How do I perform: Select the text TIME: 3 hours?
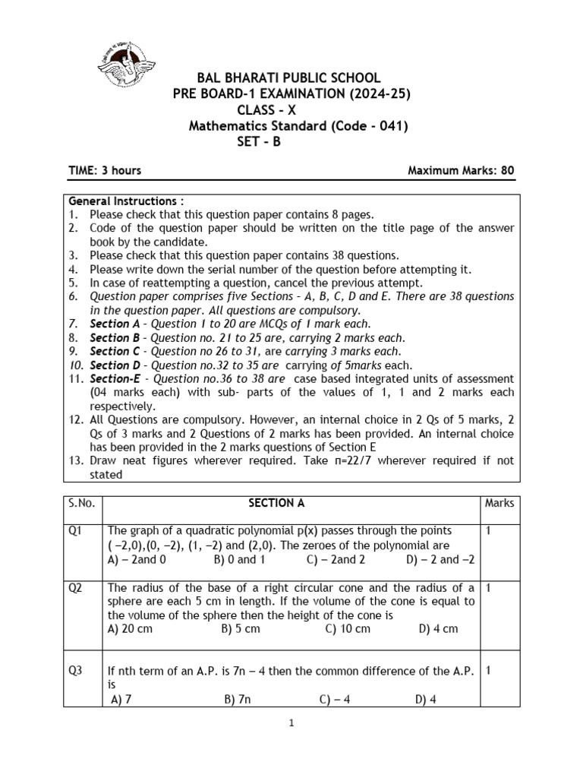105,170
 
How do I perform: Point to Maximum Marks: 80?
461,170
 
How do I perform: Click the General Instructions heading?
126,201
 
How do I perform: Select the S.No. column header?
80,503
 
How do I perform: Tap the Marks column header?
499,503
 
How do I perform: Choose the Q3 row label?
75,670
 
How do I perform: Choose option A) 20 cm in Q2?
135,629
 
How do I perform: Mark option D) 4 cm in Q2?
438,629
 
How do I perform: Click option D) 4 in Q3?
425,700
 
